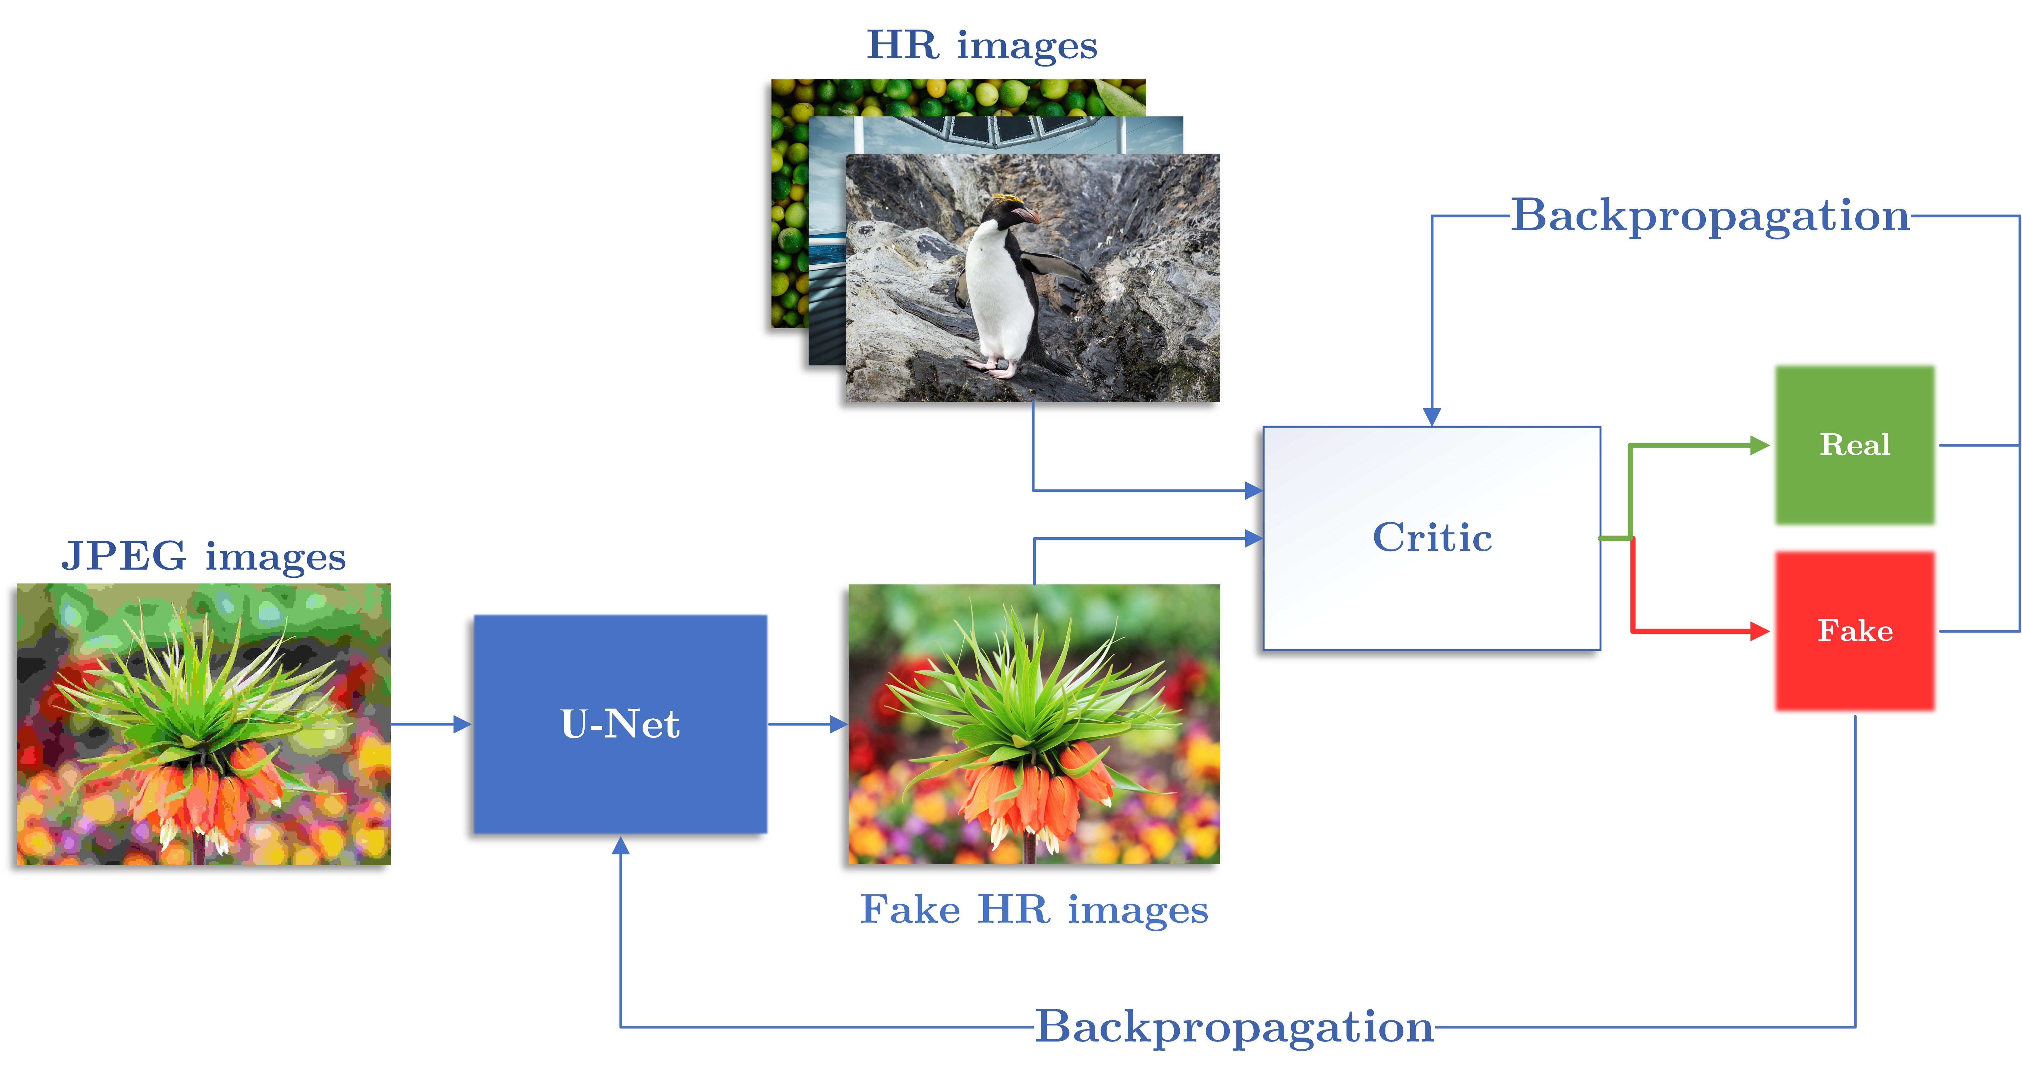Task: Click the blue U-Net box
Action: point(620,723)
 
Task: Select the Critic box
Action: point(1432,538)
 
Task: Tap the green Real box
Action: point(1855,445)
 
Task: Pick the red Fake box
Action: point(1855,631)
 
